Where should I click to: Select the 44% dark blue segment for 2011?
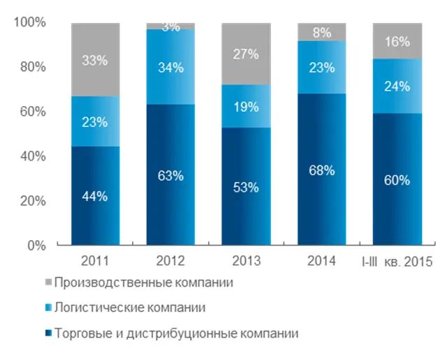point(94,196)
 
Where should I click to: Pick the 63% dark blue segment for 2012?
point(170,175)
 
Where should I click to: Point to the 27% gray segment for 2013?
point(246,54)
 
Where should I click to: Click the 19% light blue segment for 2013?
point(246,107)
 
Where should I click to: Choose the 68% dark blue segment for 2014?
point(321,170)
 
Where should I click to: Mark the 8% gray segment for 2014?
point(321,31)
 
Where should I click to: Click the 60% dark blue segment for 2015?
point(397,179)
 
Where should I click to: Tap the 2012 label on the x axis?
point(170,262)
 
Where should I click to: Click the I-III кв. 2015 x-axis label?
point(397,262)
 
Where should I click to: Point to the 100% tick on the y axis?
point(29,23)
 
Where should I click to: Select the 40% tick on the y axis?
point(31,156)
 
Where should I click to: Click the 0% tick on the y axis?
point(35,246)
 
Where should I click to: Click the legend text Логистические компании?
point(140,308)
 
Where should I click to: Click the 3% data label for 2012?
point(170,27)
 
